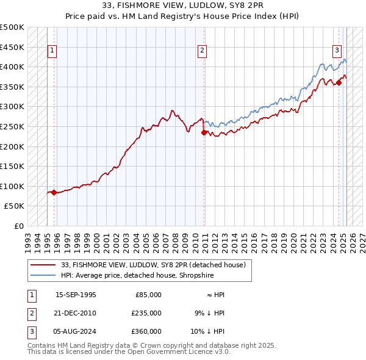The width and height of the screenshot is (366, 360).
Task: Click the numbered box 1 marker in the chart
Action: (52, 51)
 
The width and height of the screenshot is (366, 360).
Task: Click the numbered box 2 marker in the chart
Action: (202, 51)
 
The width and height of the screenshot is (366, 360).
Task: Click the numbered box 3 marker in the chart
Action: (337, 51)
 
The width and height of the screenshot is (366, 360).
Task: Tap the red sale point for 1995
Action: (54, 192)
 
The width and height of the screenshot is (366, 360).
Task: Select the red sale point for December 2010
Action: (204, 132)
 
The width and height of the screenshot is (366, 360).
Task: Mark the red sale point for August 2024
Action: (339, 82)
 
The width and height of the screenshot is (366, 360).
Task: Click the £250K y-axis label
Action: (12, 126)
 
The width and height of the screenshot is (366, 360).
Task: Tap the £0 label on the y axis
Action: (19, 226)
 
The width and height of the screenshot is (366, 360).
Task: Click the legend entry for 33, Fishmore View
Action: (152, 265)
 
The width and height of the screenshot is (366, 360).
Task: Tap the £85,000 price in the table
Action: (148, 295)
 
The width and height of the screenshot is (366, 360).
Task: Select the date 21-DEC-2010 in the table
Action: (76, 313)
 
